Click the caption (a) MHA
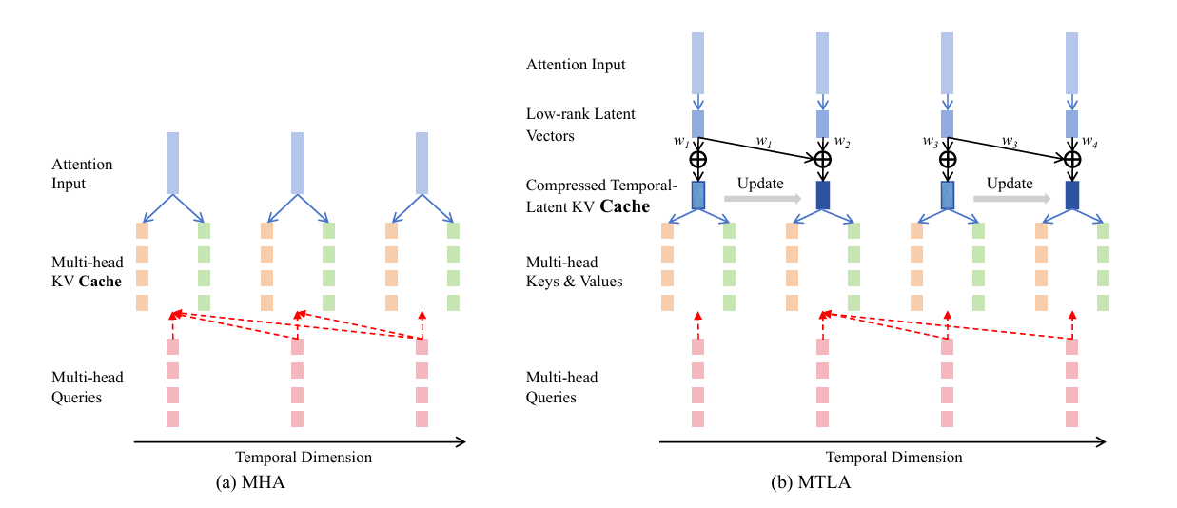251,482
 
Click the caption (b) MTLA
811,482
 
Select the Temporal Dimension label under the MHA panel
304,458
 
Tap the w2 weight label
842,142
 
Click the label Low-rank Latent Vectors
580,125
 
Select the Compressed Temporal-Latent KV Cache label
589,196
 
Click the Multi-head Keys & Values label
574,271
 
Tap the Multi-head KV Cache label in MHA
87,271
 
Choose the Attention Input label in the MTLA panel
576,65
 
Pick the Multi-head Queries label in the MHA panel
87,387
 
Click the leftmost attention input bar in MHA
172,163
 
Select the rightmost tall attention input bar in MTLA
1072,62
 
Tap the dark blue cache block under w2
822,195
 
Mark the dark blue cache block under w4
1072,195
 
